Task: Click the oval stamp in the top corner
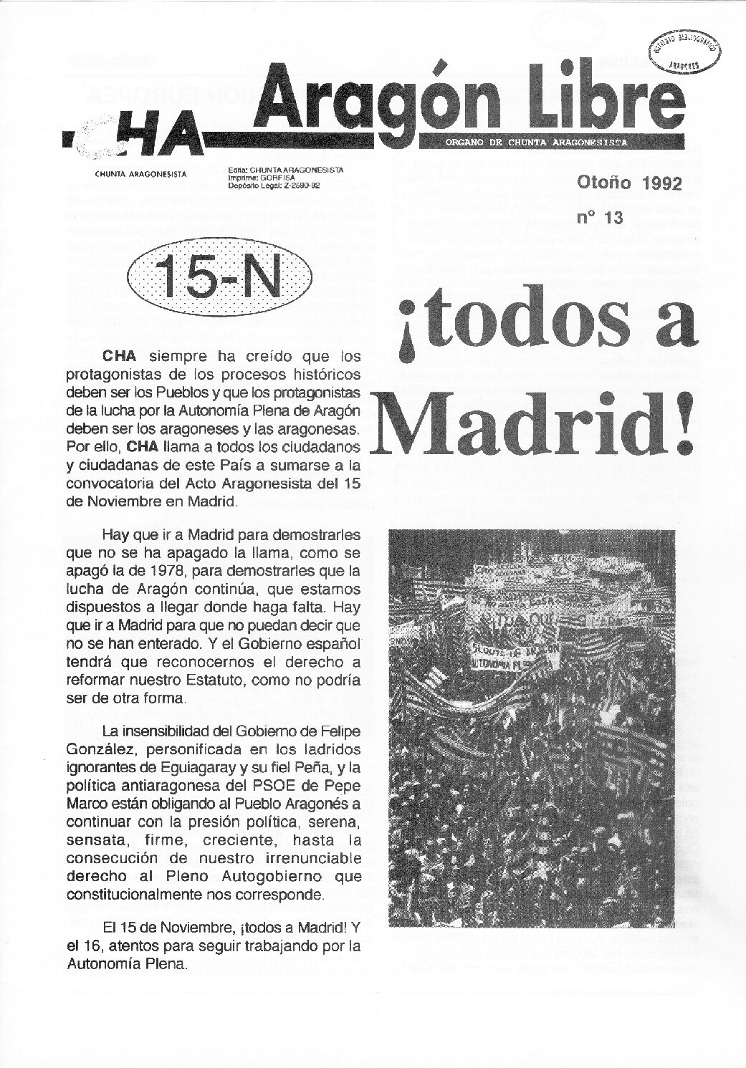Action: point(685,52)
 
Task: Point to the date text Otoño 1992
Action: point(628,183)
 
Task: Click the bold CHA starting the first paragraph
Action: point(120,356)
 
